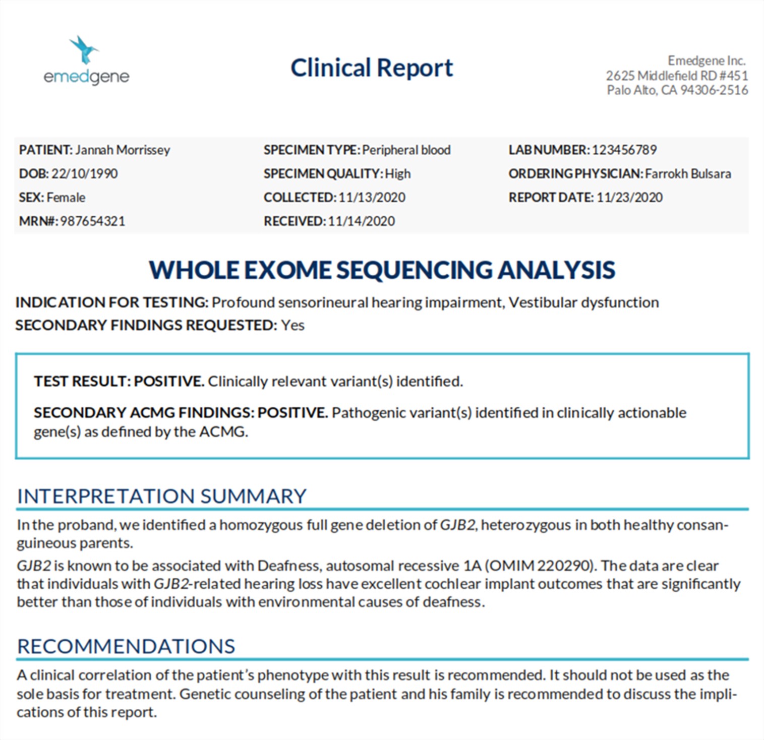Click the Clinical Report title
[x=372, y=68]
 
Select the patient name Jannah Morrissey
[x=123, y=150]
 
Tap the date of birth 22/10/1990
[x=84, y=174]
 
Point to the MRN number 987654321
[x=92, y=221]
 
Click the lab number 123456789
[x=624, y=150]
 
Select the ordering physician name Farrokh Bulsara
[x=688, y=174]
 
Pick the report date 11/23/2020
[x=629, y=198]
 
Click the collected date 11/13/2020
[x=372, y=198]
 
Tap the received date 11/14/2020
[x=361, y=221]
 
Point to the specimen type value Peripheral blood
[x=406, y=150]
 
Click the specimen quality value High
[x=398, y=174]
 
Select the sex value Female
[x=66, y=198]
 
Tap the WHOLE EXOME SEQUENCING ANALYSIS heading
[x=382, y=270]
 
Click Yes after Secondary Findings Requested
[x=292, y=326]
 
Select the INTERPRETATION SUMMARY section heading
[x=161, y=497]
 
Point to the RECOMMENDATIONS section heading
[x=126, y=646]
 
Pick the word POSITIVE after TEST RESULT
[x=168, y=382]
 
